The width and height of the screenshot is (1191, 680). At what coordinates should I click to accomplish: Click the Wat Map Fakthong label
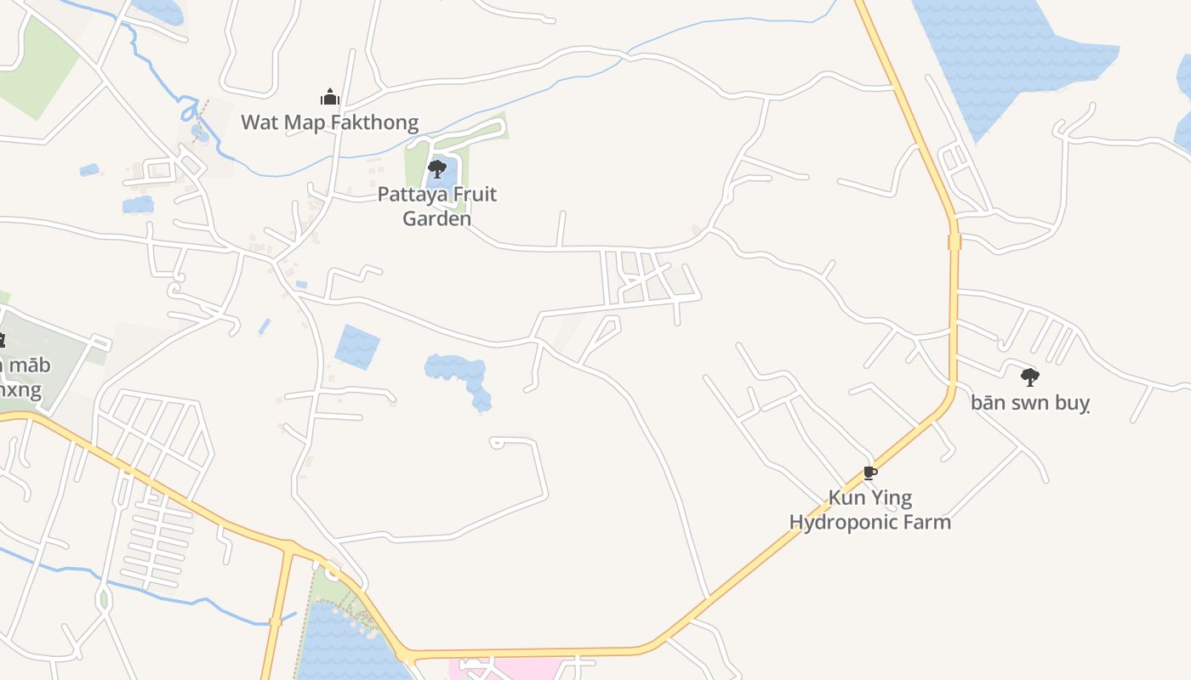pyautogui.click(x=329, y=122)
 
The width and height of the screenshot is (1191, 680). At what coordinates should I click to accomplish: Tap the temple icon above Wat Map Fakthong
pyautogui.click(x=329, y=97)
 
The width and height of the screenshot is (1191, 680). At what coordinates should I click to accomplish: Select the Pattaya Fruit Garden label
pyautogui.click(x=436, y=206)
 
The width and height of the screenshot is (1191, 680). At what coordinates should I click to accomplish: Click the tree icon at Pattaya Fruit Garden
pyautogui.click(x=437, y=168)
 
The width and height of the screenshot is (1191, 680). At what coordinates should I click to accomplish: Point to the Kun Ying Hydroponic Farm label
pyautogui.click(x=869, y=509)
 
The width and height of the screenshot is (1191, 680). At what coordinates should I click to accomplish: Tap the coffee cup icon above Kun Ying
pyautogui.click(x=869, y=473)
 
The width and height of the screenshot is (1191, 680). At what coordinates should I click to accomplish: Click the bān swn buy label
pyautogui.click(x=1029, y=402)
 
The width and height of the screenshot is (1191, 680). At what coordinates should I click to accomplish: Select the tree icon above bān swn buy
pyautogui.click(x=1029, y=376)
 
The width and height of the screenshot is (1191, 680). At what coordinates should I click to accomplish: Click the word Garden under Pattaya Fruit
pyautogui.click(x=436, y=218)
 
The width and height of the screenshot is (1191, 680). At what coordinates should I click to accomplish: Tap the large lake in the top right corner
pyautogui.click(x=1012, y=51)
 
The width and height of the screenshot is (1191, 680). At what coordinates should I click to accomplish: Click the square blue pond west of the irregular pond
pyautogui.click(x=357, y=347)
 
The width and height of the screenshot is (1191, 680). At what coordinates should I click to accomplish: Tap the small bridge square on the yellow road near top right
pyautogui.click(x=954, y=242)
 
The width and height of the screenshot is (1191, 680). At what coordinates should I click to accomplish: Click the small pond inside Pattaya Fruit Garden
pyautogui.click(x=441, y=179)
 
